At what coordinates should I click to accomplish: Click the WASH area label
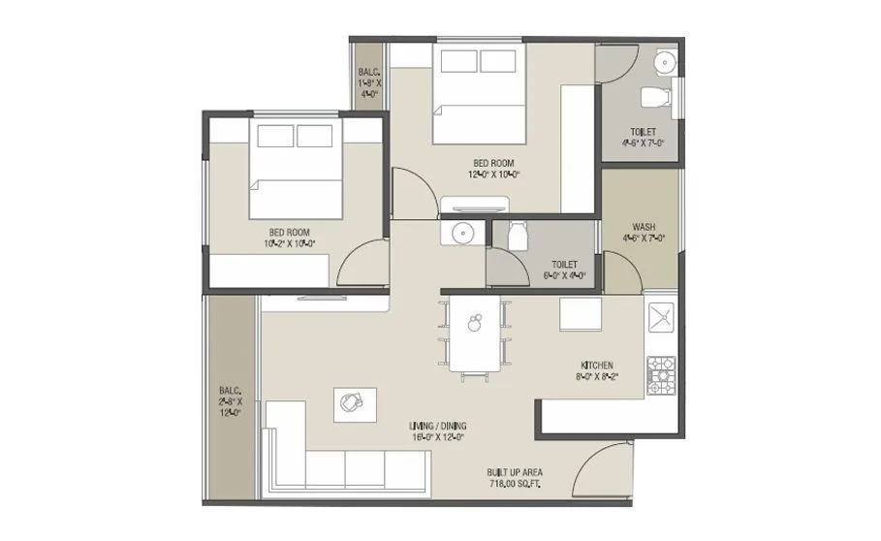[x=644, y=228]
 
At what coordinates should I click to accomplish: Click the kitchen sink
[x=661, y=318]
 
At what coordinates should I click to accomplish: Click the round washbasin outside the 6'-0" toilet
[x=460, y=234]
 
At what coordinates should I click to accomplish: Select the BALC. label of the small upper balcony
[x=369, y=72]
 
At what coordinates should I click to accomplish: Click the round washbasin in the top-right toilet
[x=665, y=63]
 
